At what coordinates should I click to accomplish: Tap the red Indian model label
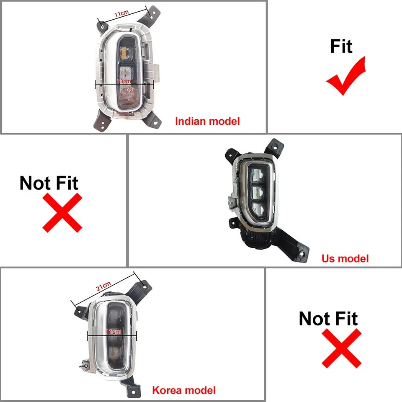tap(207, 121)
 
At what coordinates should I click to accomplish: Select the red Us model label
tap(345, 258)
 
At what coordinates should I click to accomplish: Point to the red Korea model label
tap(184, 391)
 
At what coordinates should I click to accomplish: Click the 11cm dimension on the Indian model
tap(122, 14)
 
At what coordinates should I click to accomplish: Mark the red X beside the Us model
tap(62, 212)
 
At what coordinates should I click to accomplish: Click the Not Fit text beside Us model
tap(49, 183)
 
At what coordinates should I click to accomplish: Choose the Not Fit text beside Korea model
tap(328, 319)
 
